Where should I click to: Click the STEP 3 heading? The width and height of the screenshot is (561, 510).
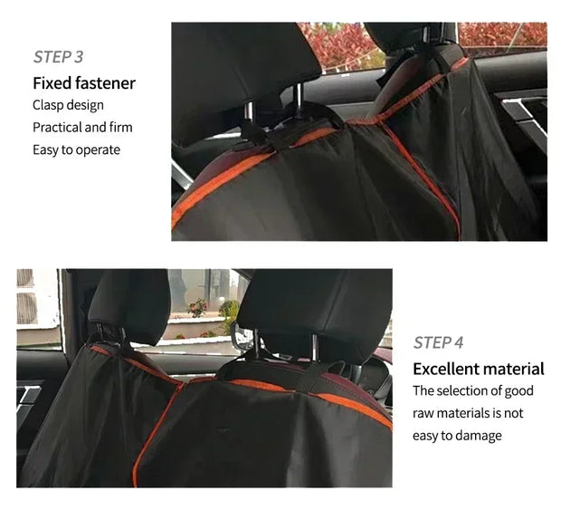pos(58,57)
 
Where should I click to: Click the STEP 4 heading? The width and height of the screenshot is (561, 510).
pos(438,342)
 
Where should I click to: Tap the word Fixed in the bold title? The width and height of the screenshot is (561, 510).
pos(52,83)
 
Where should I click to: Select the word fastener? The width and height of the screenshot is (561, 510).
pos(105,83)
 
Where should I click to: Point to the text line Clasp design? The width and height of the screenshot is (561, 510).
pos(69,105)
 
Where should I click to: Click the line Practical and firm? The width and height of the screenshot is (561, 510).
pos(82,128)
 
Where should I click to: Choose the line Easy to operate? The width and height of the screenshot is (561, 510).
pos(77,150)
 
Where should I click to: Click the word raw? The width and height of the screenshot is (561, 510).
pos(423,414)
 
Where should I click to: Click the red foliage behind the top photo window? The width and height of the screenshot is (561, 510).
pos(340,46)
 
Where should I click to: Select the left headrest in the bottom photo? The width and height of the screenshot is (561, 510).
pos(129,304)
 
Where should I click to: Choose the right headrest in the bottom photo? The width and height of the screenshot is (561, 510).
pos(315,312)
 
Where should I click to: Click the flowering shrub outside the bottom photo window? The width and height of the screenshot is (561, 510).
pos(197,308)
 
